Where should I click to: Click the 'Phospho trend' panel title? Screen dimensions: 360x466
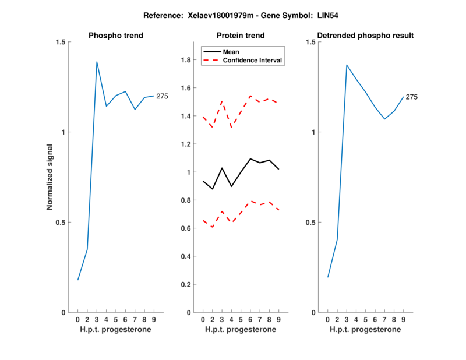(116, 36)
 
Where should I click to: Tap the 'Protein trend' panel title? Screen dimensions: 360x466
(241, 36)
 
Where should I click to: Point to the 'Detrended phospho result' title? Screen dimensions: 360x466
(365, 36)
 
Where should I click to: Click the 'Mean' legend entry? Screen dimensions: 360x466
(231, 52)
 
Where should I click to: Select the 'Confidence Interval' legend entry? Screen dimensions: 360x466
(253, 60)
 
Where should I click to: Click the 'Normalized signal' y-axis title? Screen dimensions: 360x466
(50, 177)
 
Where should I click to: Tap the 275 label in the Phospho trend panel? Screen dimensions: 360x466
(162, 96)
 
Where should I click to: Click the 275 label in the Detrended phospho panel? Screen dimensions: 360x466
(411, 97)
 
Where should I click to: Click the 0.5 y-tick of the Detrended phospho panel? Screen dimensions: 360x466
(311, 222)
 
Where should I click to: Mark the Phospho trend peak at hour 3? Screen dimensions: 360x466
(97, 62)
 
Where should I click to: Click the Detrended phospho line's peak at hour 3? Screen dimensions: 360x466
(347, 65)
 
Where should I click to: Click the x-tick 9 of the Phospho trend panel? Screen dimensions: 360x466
(154, 320)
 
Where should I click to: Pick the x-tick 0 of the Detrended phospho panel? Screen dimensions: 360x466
(327, 320)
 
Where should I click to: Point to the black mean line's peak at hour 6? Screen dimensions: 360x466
(250, 158)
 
